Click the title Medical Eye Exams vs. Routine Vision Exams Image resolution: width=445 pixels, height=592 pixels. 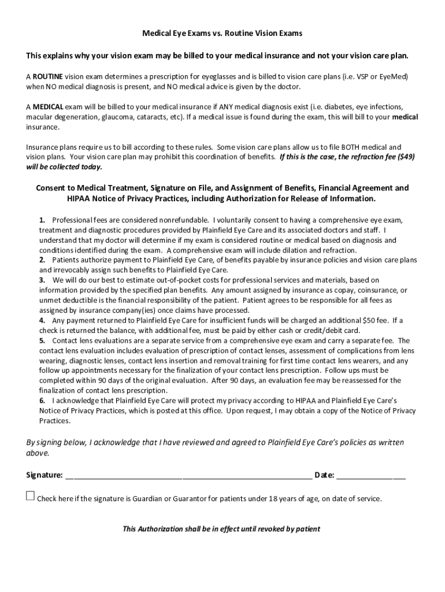point(222,34)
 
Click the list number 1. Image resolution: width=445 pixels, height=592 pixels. point(42,221)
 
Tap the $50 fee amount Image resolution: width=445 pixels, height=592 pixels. point(370,320)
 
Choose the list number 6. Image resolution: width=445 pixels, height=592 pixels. point(42,401)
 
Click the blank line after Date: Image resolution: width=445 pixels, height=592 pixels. point(370,476)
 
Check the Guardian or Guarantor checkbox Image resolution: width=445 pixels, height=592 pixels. point(31,496)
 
